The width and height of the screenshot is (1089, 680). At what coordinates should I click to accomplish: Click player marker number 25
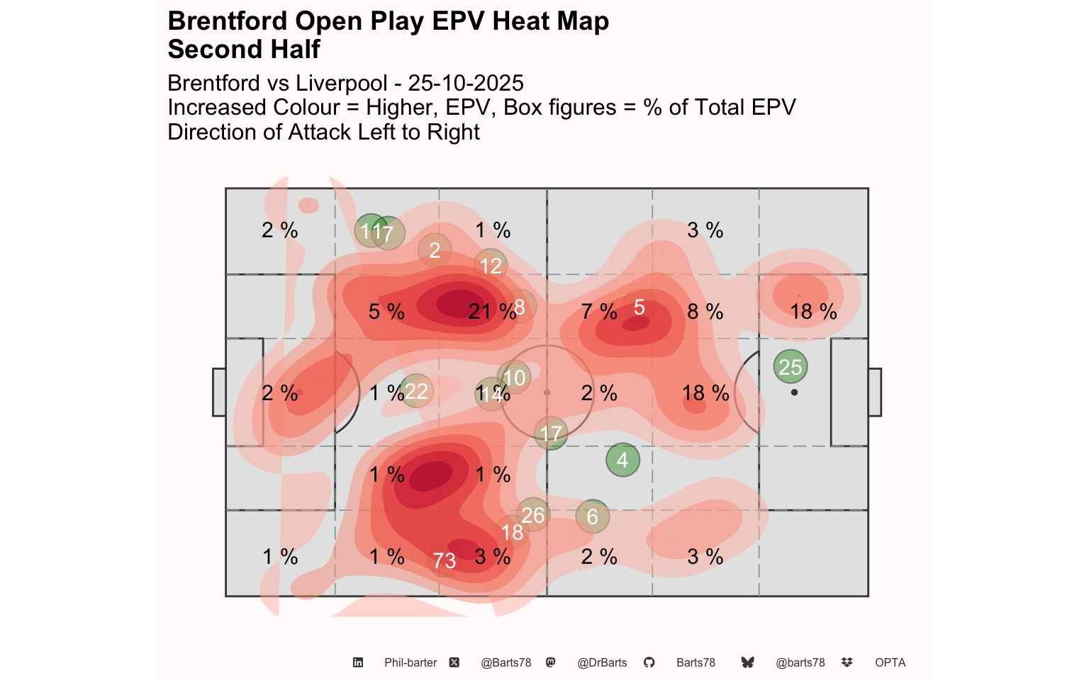tap(791, 367)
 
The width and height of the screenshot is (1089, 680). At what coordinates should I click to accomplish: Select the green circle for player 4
tap(622, 460)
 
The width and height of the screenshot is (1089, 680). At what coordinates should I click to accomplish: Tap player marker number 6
tap(592, 516)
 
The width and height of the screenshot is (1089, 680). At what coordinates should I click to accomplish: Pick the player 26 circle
tap(532, 515)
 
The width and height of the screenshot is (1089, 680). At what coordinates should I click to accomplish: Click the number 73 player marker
tap(445, 560)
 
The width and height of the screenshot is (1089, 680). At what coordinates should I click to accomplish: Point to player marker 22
tap(416, 390)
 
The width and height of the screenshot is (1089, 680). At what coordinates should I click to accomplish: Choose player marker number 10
tap(515, 378)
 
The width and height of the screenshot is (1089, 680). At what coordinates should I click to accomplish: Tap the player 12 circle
tap(491, 266)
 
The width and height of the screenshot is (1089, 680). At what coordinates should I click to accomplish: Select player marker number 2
tap(435, 250)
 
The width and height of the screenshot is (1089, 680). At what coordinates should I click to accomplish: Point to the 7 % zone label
tap(599, 312)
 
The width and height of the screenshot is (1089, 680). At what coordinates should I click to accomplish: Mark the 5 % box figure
tap(386, 312)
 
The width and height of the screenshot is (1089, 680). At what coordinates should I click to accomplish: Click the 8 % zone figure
tap(705, 312)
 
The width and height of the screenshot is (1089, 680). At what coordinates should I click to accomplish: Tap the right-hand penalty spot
tap(794, 392)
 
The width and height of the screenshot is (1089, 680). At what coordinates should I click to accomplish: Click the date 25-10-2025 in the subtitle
tap(466, 83)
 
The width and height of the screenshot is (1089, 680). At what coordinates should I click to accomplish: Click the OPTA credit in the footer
tap(890, 662)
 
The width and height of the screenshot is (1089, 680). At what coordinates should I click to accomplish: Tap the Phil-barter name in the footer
tap(411, 662)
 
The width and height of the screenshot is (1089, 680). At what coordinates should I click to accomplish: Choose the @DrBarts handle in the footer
tap(602, 662)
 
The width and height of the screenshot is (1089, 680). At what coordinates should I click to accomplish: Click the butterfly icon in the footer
tap(747, 662)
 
